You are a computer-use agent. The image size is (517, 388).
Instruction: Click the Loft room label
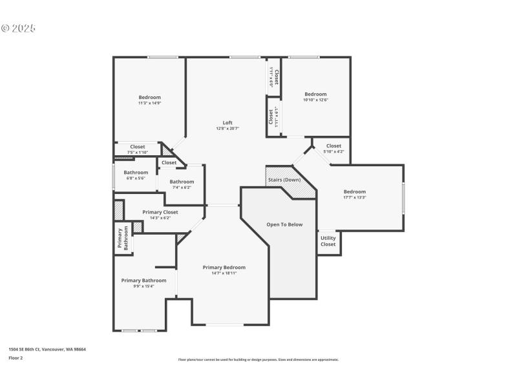[227, 123]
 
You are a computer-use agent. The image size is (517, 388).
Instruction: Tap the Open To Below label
[284, 224]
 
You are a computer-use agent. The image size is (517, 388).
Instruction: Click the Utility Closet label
[328, 241]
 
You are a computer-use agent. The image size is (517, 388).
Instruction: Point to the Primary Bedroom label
[224, 267]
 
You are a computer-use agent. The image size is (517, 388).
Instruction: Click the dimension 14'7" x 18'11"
[224, 274]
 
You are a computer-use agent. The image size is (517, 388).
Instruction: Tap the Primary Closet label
[160, 211]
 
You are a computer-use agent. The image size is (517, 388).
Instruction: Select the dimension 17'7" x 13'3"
[354, 198]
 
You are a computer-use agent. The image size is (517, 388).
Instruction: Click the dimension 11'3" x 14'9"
[149, 103]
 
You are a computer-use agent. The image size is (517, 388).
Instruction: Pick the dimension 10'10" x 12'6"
[315, 100]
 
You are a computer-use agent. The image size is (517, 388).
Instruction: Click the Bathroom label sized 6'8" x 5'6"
[136, 173]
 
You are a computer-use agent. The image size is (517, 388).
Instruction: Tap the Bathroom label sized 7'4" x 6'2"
[182, 182]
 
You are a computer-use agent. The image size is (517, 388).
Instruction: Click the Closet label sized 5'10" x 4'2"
[333, 146]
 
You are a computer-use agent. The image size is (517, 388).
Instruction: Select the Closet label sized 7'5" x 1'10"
[138, 147]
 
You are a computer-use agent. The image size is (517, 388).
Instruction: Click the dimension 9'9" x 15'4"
[144, 286]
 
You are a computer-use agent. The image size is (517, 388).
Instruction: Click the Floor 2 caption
[16, 358]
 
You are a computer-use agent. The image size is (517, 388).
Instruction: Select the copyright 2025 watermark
[18, 28]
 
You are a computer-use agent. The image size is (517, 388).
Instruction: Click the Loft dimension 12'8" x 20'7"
[227, 129]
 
